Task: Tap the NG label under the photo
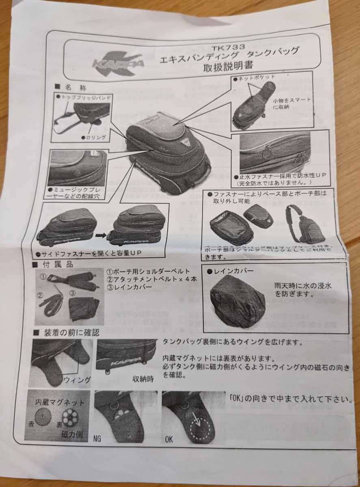click(x=98, y=438)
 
